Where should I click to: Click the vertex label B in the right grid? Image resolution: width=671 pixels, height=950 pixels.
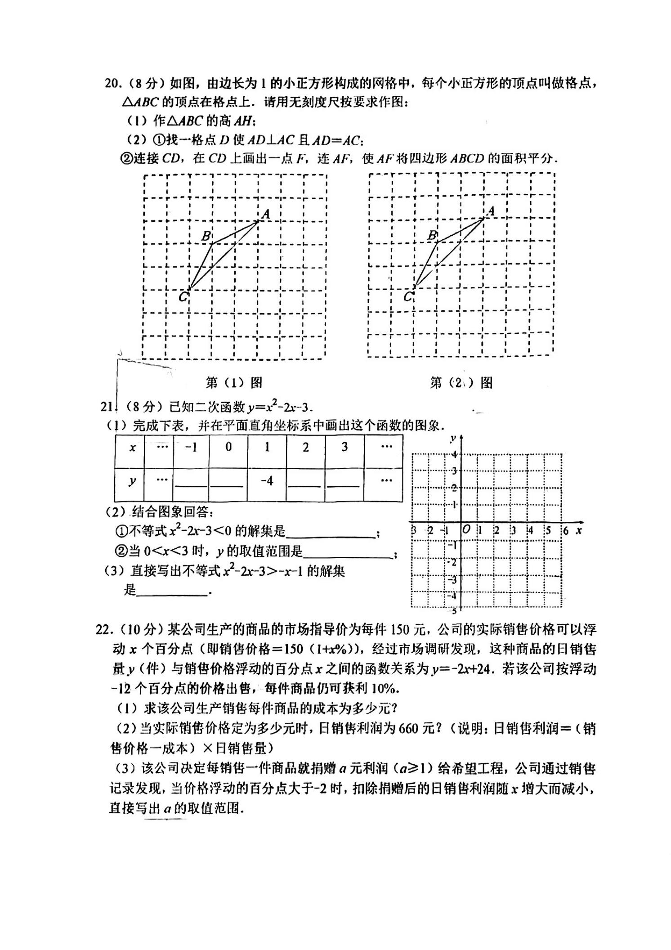pyautogui.click(x=432, y=235)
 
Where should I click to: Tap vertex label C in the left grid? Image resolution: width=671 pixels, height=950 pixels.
pyautogui.click(x=183, y=296)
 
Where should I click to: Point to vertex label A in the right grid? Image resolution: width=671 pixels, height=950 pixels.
pyautogui.click(x=491, y=211)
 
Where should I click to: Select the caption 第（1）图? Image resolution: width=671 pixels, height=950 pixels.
pyautogui.click(x=234, y=383)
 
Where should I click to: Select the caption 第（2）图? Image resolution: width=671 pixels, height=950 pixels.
pyautogui.click(x=461, y=383)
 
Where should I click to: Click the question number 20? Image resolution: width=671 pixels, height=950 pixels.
pyautogui.click(x=112, y=84)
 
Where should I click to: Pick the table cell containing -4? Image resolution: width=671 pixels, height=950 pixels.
pyautogui.click(x=267, y=481)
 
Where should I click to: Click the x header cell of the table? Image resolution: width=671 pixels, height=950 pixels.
pyautogui.click(x=132, y=448)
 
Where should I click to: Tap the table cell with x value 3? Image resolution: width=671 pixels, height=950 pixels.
pyautogui.click(x=344, y=447)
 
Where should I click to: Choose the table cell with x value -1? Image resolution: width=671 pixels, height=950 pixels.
pyautogui.click(x=191, y=448)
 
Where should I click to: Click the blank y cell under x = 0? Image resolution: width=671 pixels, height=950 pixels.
pyautogui.click(x=228, y=484)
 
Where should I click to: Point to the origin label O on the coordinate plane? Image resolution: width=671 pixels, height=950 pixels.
pyautogui.click(x=466, y=530)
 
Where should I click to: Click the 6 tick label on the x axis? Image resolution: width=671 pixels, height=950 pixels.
pyautogui.click(x=566, y=530)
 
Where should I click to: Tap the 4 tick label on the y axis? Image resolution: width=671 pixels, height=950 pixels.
pyautogui.click(x=455, y=454)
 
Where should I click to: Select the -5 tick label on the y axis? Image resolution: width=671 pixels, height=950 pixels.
pyautogui.click(x=452, y=610)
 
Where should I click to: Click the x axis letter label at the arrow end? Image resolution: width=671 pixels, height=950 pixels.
pyautogui.click(x=579, y=530)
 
